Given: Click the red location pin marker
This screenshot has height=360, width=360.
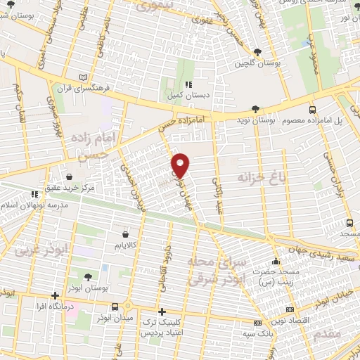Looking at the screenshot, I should (x=181, y=165).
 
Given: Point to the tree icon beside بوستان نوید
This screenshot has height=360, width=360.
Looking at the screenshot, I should (x=255, y=110).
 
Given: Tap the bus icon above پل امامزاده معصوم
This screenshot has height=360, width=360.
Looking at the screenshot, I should (x=313, y=110).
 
